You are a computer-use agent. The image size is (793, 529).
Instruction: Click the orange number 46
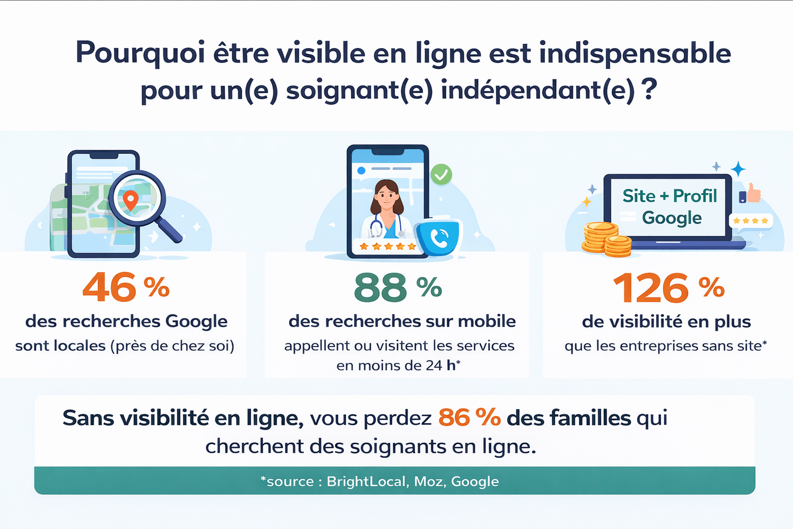tap(109, 288)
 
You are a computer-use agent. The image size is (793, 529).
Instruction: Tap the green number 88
tap(381, 288)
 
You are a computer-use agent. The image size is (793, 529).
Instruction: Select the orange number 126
tap(651, 288)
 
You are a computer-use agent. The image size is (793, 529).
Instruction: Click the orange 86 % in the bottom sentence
tap(469, 418)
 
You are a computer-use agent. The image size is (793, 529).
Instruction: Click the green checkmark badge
tap(441, 174)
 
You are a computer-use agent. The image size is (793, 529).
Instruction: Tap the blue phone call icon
tap(439, 239)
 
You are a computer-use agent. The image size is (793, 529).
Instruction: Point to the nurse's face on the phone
tap(386, 195)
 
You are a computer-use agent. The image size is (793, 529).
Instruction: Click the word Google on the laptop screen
tap(671, 218)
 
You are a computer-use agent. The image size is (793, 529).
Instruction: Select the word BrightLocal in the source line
tap(367, 481)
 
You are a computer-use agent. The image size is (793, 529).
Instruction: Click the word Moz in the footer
tap(428, 481)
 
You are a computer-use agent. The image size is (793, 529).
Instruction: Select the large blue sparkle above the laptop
tap(738, 169)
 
